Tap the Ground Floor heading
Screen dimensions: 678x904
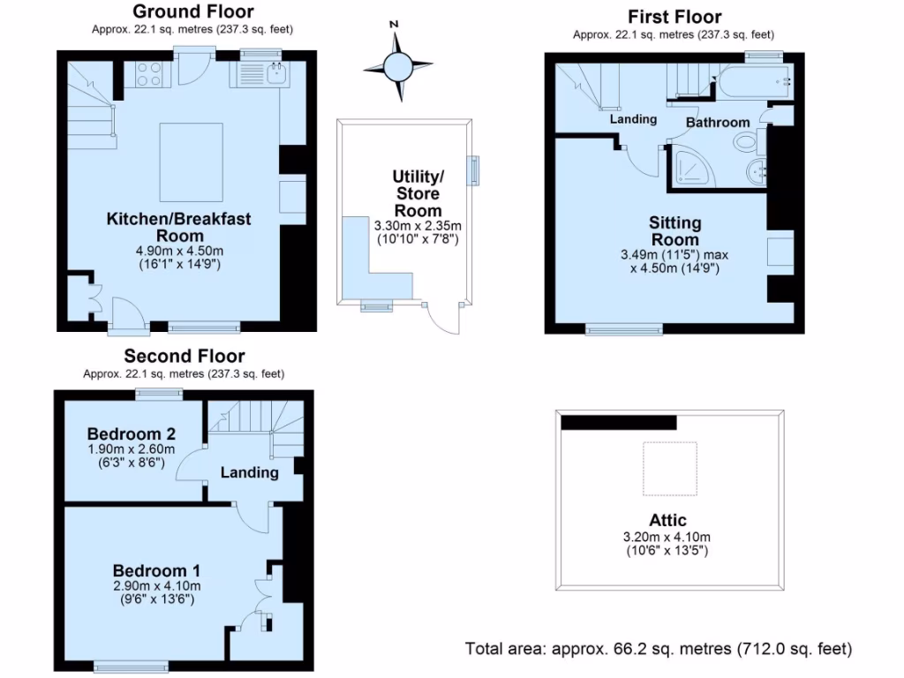pos(192,11)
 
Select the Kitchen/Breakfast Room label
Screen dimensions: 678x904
pos(179,227)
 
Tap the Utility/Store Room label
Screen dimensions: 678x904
pos(418,193)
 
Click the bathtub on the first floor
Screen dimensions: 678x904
pos(753,83)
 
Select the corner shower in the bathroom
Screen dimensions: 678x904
pos(695,168)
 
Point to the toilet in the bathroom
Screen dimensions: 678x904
pos(746,141)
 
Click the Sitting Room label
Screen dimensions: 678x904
pos(675,231)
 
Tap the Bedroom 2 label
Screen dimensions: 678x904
pos(131,433)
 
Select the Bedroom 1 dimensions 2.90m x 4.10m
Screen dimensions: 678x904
pos(156,585)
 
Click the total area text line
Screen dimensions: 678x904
pos(659,649)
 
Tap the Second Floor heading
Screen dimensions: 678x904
pos(184,356)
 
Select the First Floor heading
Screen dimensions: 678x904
pos(674,17)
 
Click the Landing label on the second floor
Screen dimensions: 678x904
pos(250,472)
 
